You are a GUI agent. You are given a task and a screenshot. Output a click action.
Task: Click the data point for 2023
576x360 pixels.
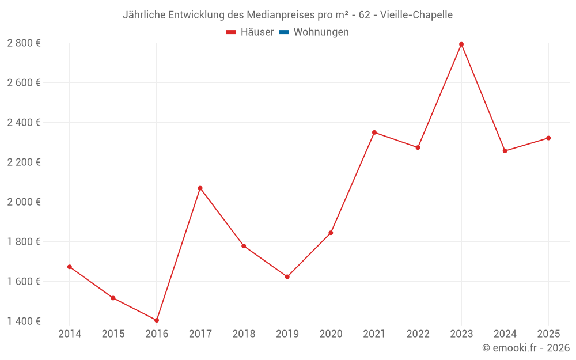click(461, 44)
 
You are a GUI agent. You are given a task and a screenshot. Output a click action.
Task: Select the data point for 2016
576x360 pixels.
click(157, 320)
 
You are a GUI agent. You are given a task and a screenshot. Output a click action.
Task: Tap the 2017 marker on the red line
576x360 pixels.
click(200, 188)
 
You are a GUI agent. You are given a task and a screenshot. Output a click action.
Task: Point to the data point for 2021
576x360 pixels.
click(374, 132)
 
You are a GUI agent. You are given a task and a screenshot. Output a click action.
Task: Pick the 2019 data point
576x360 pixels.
click(287, 277)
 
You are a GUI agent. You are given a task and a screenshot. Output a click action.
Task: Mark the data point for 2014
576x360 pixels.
click(70, 267)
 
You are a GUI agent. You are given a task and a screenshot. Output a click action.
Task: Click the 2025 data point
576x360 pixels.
click(548, 138)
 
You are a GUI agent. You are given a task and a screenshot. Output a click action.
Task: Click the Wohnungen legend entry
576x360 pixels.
click(321, 32)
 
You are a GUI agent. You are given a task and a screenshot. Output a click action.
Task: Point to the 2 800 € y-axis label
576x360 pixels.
click(24, 43)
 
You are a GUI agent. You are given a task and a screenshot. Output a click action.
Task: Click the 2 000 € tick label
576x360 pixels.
click(24, 202)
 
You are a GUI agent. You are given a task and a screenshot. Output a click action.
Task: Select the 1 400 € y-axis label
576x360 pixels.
click(24, 321)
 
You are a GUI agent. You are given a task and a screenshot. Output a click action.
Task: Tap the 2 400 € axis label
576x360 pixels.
click(24, 123)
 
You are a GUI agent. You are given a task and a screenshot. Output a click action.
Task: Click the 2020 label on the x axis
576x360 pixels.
click(331, 334)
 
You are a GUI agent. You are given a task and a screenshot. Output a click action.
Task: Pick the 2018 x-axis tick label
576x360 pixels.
click(244, 334)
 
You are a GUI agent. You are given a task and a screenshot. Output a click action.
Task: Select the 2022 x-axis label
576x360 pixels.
click(418, 334)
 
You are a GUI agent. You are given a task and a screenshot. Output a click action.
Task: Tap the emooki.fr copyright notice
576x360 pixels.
click(525, 348)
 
